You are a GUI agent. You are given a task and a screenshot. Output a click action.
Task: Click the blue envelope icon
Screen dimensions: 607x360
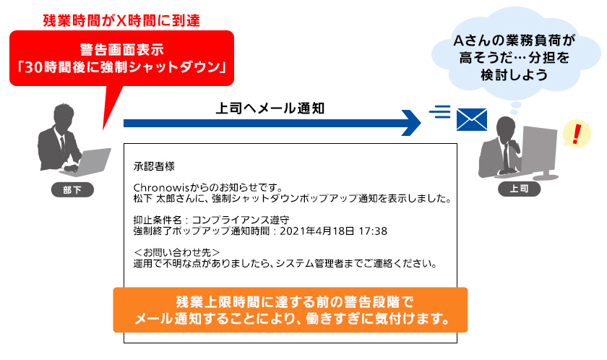click(471, 119)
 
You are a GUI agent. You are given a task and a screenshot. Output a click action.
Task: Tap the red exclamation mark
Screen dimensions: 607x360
click(577, 133)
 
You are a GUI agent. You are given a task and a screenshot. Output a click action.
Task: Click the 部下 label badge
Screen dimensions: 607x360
click(72, 189)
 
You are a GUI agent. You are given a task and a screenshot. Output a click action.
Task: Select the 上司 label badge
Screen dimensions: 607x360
click(519, 189)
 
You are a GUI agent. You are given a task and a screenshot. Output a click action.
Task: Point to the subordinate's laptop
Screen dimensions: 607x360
click(89, 162)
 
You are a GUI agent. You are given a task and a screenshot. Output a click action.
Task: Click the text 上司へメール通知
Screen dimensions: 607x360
click(270, 108)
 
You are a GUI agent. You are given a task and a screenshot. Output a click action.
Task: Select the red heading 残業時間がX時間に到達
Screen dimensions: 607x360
click(121, 20)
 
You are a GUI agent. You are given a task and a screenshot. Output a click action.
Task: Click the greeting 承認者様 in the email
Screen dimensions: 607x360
click(154, 166)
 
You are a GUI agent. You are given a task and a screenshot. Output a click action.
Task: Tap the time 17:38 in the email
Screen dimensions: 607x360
click(373, 231)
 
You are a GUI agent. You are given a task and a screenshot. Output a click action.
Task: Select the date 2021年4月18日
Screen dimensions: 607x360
click(317, 231)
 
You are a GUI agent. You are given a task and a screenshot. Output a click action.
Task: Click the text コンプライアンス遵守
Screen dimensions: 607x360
click(241, 220)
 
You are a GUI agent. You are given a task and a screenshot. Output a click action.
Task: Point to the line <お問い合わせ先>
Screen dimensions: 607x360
click(177, 253)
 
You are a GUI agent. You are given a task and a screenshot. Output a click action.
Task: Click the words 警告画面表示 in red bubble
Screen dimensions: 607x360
click(122, 50)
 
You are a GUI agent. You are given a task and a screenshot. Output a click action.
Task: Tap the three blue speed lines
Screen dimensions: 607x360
click(440, 111)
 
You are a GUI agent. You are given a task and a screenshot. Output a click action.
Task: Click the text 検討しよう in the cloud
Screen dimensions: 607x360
click(514, 74)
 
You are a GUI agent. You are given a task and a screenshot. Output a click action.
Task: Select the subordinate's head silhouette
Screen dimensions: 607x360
click(63, 116)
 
